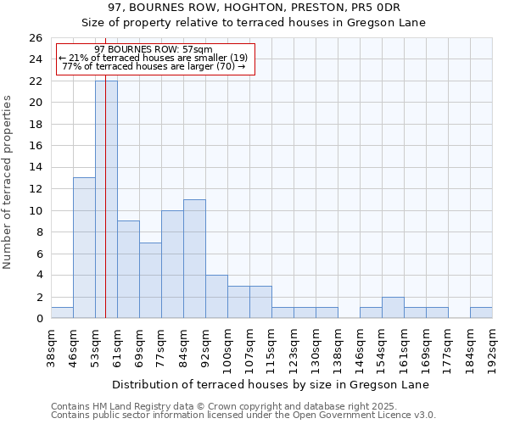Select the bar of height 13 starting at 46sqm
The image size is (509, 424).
[x=84, y=248]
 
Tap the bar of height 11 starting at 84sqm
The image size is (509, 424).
[x=194, y=259]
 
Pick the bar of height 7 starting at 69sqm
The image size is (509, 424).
[x=150, y=280]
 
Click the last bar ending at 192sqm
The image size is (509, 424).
[x=481, y=313]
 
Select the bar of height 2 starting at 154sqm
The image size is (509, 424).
[x=393, y=308]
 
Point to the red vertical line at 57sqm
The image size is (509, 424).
[x=105, y=212]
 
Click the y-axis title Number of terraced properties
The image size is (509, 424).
[x=8, y=181]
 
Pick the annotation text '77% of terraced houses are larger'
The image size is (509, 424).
[x=154, y=66]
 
